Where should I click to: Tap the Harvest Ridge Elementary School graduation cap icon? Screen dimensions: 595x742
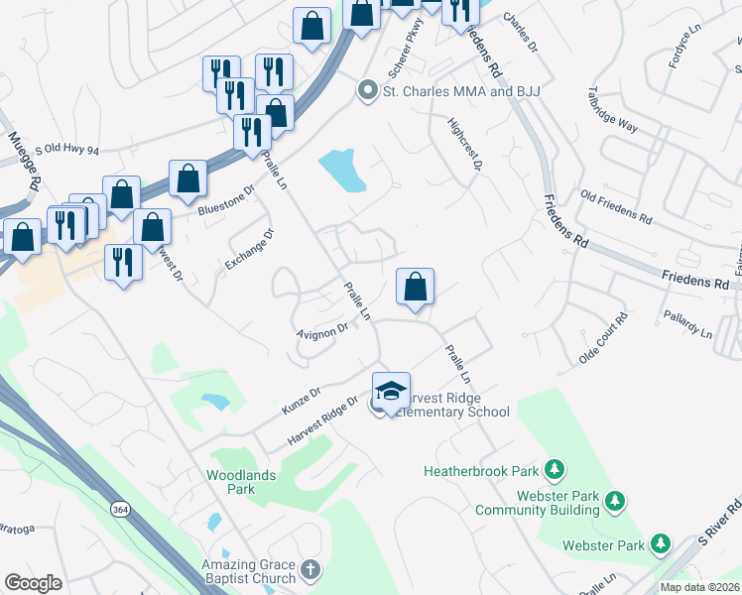pos(391,390)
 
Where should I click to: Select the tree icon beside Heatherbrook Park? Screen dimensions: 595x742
pos(556,468)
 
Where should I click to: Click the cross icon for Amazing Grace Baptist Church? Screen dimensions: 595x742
pos(310,569)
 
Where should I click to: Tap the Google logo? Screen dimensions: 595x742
pos(34,583)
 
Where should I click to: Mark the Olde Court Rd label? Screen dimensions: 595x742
pos(603,338)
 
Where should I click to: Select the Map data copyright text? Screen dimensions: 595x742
pos(700,587)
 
